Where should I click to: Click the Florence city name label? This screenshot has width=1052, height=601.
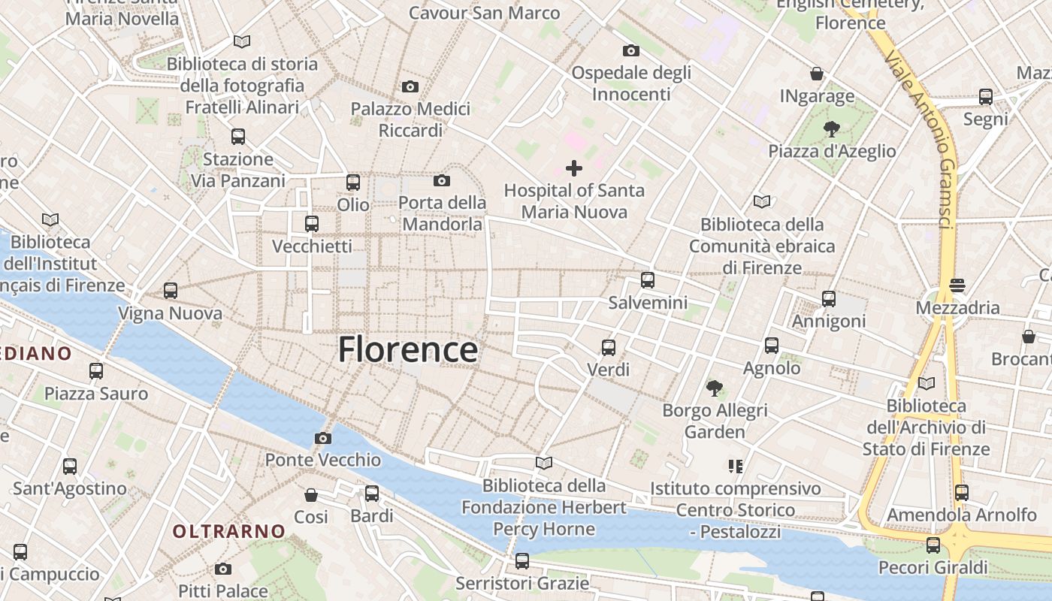[x=408, y=350]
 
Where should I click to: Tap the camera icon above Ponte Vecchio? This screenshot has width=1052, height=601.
[x=323, y=439]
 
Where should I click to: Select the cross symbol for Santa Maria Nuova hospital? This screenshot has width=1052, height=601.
[x=574, y=168]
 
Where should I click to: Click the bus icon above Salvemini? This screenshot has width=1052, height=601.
[x=648, y=281]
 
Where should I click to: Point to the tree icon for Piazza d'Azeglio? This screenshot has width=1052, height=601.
[x=831, y=129]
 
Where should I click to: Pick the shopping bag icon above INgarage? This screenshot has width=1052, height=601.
[x=817, y=74]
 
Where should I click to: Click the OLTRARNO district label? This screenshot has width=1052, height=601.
[x=229, y=532]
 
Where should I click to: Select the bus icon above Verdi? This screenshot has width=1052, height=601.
[x=609, y=348]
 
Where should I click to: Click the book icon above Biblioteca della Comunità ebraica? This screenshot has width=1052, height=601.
[x=762, y=202]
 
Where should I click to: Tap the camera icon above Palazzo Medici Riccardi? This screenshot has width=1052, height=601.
[x=410, y=87]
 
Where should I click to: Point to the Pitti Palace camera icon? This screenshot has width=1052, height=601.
[x=223, y=569]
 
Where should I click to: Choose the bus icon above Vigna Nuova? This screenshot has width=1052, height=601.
[x=171, y=291]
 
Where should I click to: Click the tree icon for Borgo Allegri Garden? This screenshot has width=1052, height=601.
[x=715, y=388]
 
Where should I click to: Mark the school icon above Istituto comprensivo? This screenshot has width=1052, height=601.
[x=736, y=467]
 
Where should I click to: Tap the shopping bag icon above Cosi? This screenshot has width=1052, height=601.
[x=311, y=495]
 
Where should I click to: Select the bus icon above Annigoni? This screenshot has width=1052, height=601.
[x=829, y=299]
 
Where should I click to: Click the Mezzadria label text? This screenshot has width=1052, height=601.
[x=957, y=308]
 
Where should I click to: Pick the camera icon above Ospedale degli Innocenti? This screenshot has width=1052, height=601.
[x=631, y=51]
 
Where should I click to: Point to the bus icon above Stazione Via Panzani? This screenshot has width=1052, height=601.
[x=238, y=137]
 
